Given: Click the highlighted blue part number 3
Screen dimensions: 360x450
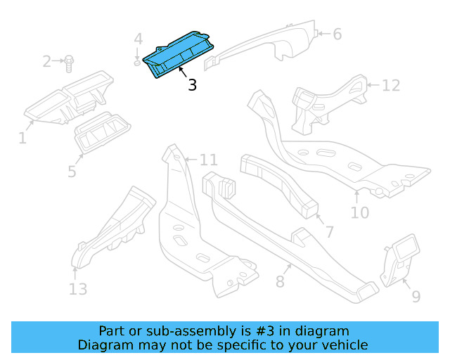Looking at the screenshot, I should click(179, 56).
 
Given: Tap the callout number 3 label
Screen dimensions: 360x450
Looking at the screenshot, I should click(192, 86).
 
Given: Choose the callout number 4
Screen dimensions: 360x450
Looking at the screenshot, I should click(139, 39).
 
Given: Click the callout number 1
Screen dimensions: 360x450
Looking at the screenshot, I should click(22, 138).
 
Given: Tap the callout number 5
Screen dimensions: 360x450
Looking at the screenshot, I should click(72, 171).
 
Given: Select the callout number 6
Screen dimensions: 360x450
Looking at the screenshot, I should click(337, 34).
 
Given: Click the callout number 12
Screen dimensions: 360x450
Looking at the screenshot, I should click(391, 85).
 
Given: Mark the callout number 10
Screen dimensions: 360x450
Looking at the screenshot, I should click(359, 211).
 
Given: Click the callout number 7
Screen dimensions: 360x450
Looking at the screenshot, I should click(329, 231).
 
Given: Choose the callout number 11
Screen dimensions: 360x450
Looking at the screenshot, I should click(209, 160).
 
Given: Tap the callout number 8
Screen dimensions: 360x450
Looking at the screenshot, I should click(280, 282).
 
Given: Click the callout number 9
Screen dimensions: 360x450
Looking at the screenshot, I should click(416, 297).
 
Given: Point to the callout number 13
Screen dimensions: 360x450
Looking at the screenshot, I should click(78, 288).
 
